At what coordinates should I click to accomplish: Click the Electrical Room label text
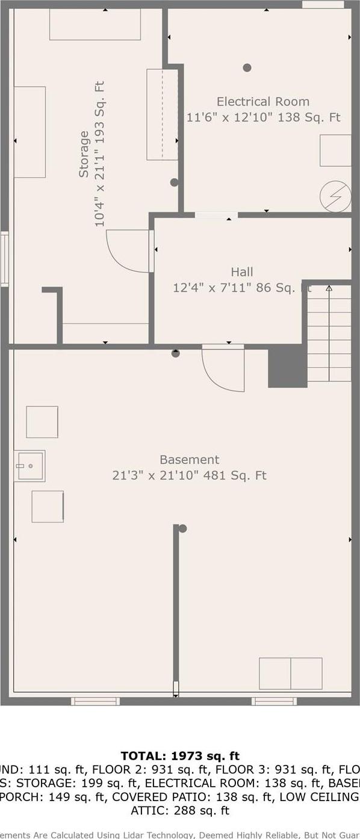[263, 102]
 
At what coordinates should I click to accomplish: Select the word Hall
[241, 272]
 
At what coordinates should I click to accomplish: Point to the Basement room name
[189, 460]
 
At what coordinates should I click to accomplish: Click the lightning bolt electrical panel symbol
[335, 196]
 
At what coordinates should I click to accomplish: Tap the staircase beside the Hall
[329, 334]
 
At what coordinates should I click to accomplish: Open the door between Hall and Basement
[223, 368]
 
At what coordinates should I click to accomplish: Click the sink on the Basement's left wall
[29, 466]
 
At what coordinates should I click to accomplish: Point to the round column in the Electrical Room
[247, 67]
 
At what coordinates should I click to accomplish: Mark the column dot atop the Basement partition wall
[182, 528]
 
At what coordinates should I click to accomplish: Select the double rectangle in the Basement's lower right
[290, 673]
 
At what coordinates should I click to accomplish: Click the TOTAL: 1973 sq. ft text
[180, 756]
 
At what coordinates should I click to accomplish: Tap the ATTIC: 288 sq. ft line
[180, 810]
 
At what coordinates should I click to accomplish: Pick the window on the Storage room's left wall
[4, 260]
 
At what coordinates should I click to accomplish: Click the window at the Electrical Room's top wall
[323, 5]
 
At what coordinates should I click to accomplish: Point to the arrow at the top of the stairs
[329, 288]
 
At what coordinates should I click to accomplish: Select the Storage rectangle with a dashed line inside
[162, 114]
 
